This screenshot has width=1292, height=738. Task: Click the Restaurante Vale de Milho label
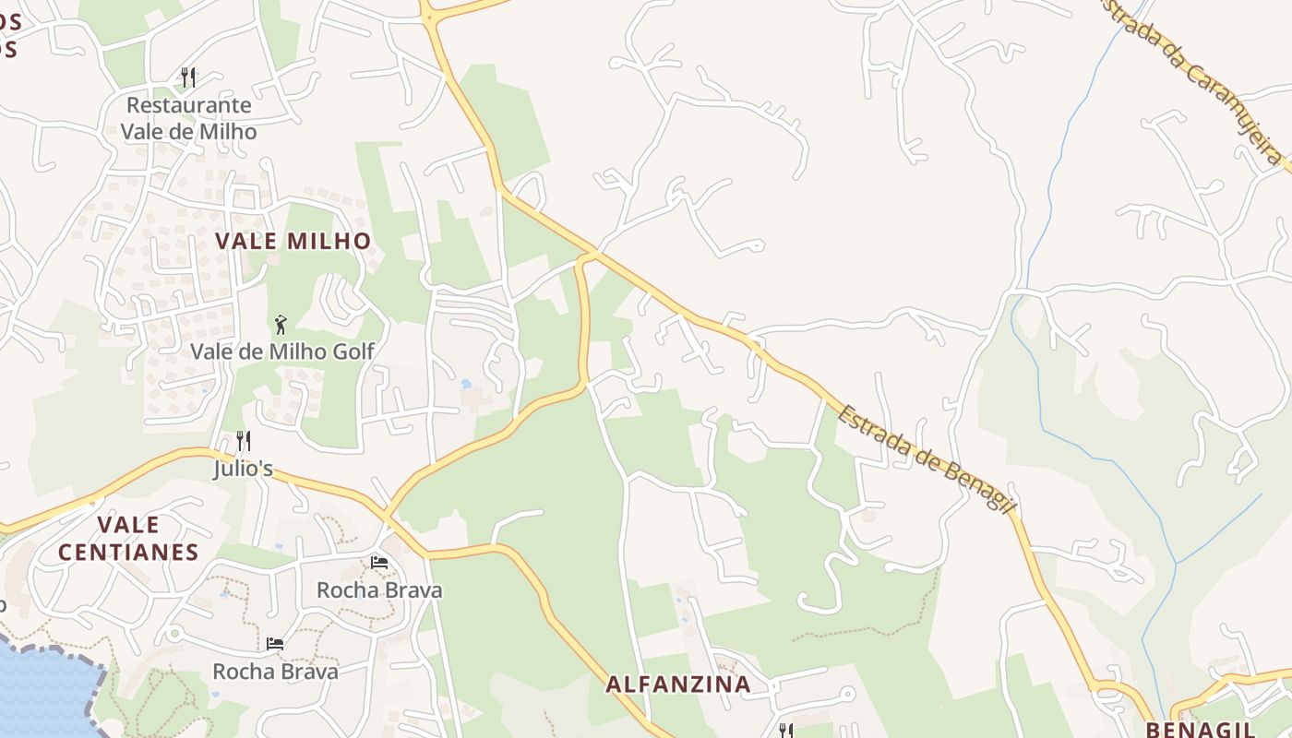tap(188, 118)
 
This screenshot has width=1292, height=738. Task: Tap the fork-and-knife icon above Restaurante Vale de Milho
tap(188, 76)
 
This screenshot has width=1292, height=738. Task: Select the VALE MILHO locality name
tap(293, 242)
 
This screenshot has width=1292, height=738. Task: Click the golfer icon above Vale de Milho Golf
tap(281, 325)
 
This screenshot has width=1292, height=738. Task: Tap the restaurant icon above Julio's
tap(243, 440)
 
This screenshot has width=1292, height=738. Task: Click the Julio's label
tap(243, 469)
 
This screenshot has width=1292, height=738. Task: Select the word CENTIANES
tap(128, 553)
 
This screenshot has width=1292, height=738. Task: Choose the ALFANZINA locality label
tap(678, 684)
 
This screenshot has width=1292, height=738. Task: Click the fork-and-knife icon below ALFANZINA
tap(785, 731)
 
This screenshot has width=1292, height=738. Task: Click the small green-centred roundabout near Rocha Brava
tap(173, 634)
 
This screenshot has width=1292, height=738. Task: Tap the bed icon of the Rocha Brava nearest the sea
tap(274, 643)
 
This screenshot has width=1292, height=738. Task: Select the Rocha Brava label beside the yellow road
tap(379, 589)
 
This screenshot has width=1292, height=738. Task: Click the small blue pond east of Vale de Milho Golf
tap(466, 383)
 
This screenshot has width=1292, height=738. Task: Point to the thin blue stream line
tap(1052, 184)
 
